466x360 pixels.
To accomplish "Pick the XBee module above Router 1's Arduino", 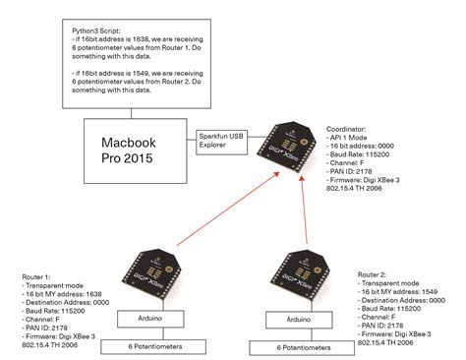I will [x=146, y=276].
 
